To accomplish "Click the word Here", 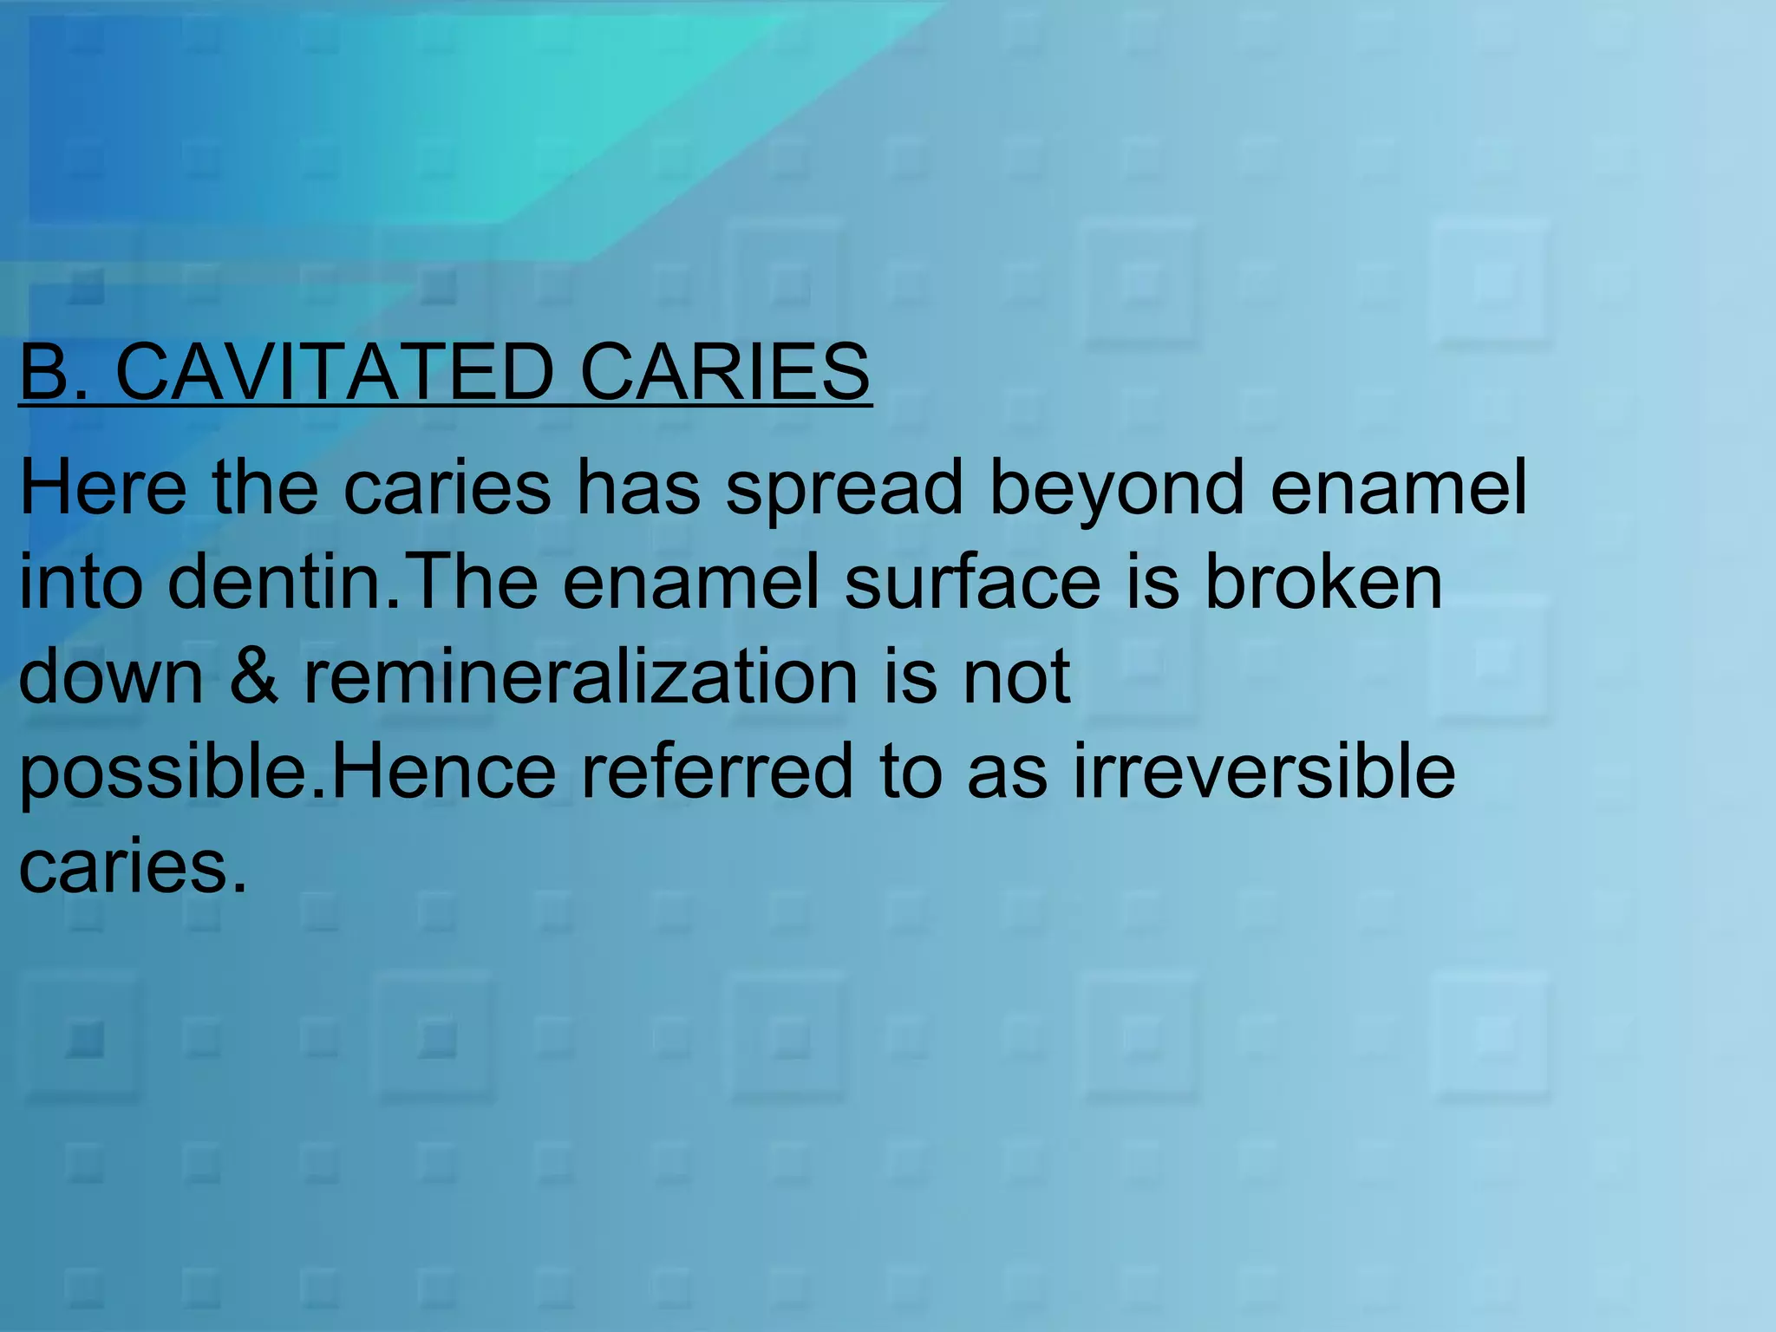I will (102, 487).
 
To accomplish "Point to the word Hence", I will (444, 771).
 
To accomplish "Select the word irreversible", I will (1264, 771).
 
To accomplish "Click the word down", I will (110, 677).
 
